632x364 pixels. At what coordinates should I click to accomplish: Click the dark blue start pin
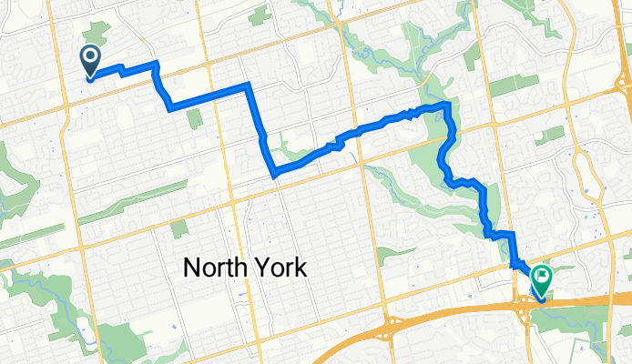point(92,60)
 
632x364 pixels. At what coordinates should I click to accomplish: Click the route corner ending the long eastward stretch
point(248,86)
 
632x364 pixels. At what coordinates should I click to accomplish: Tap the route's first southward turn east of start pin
point(158,64)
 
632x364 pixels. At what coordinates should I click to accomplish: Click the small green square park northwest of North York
point(178,228)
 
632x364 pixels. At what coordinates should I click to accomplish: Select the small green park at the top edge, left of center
point(260,15)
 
